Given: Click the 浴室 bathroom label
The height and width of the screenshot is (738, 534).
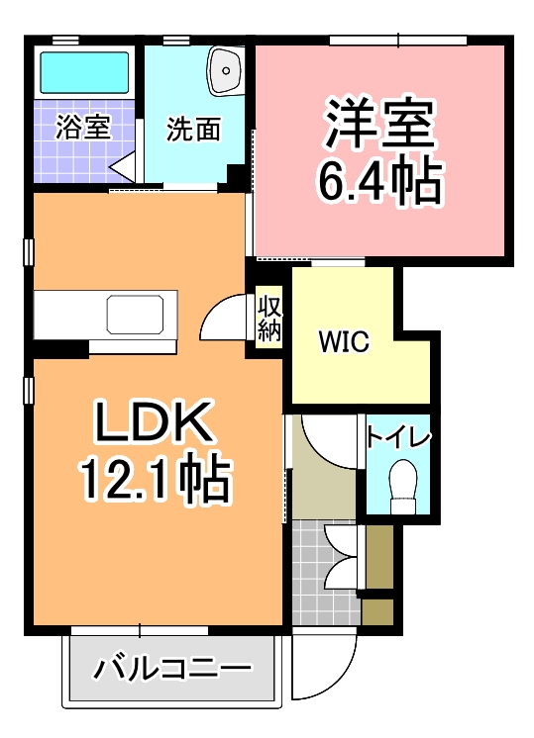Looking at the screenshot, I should pyautogui.click(x=82, y=128).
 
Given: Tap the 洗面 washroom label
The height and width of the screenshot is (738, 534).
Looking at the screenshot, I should pyautogui.click(x=192, y=129).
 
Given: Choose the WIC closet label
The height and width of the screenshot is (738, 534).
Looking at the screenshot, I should pyautogui.click(x=343, y=343).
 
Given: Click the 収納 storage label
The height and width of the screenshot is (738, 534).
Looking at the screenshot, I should pyautogui.click(x=269, y=317).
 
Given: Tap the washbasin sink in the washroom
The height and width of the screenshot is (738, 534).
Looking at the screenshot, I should pyautogui.click(x=228, y=70).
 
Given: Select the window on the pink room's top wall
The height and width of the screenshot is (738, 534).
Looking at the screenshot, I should pyautogui.click(x=397, y=41).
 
